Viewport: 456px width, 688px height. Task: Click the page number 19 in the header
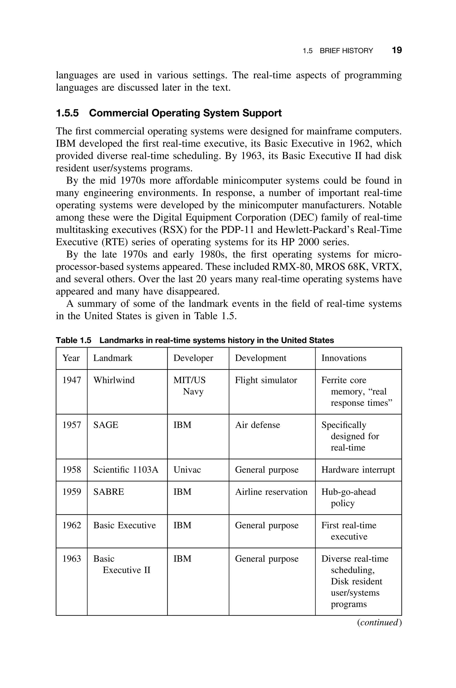point(397,50)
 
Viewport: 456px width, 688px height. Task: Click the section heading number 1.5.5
point(67,113)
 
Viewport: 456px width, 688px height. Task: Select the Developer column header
point(193,358)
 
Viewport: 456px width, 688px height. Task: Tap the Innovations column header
point(344,358)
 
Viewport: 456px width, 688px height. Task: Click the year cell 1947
point(71,380)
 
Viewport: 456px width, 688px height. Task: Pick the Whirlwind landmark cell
point(114,380)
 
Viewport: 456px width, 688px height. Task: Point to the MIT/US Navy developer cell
point(189,386)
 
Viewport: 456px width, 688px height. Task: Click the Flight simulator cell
point(266,380)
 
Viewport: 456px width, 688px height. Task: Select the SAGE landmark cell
point(106,425)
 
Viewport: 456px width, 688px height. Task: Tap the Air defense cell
point(257,425)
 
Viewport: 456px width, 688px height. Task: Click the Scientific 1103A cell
point(126,469)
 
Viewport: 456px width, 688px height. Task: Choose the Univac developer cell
point(187,469)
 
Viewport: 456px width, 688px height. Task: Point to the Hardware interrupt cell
point(358,469)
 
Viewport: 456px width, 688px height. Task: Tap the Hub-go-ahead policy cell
point(348,497)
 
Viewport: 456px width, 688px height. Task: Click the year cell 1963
point(71,559)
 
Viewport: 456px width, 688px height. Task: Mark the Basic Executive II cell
point(122,564)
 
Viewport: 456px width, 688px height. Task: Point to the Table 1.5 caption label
point(73,340)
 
